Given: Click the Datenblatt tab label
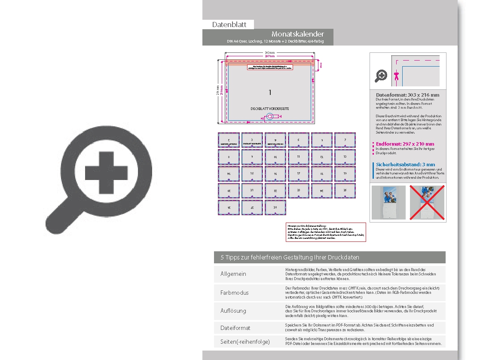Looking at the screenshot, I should click(x=229, y=24).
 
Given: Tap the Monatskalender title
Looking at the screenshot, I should click(x=297, y=34).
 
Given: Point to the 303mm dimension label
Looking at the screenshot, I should click(x=269, y=52).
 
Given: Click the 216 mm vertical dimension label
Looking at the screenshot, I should click(x=218, y=92).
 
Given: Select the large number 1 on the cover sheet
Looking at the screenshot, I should click(x=270, y=92).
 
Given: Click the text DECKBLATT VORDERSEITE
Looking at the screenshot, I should click(x=270, y=109).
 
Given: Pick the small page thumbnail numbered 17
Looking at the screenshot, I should click(x=298, y=174).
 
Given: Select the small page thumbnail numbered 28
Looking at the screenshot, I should click(x=275, y=207).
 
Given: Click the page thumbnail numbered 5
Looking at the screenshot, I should click(x=298, y=140).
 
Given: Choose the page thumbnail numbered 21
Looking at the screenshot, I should click(x=252, y=190).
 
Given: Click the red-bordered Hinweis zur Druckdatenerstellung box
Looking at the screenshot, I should click(x=325, y=232).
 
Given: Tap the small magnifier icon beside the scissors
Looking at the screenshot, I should click(x=381, y=76).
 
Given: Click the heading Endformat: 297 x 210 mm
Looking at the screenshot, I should click(x=405, y=144).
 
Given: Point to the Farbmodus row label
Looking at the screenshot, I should click(x=234, y=293).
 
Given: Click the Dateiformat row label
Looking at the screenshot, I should click(x=235, y=328).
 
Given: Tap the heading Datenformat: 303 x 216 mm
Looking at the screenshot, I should click(x=407, y=95).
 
